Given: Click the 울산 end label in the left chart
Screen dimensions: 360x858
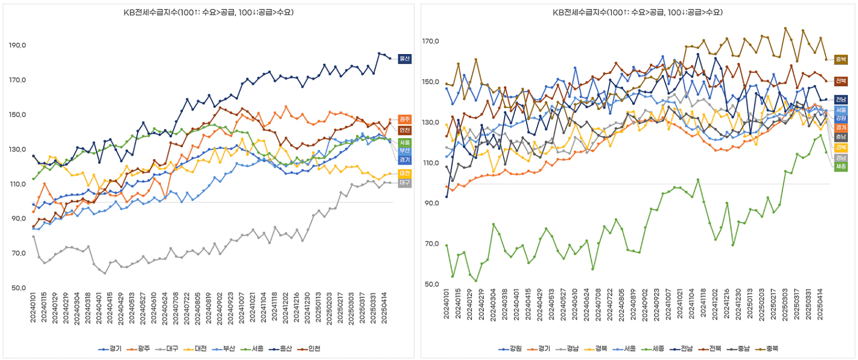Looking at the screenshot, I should [x=404, y=58].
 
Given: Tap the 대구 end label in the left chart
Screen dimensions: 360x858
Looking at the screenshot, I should [x=404, y=183].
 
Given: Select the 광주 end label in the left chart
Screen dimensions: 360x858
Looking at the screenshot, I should [x=404, y=120].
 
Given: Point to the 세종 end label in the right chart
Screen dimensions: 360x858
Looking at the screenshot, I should [x=841, y=166].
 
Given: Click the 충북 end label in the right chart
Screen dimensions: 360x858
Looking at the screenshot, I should [x=841, y=59].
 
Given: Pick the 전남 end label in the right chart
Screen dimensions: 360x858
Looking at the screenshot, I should [x=841, y=100].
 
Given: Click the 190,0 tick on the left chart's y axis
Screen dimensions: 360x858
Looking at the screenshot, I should [x=20, y=45].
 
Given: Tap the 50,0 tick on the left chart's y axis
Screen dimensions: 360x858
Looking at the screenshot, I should [x=20, y=288].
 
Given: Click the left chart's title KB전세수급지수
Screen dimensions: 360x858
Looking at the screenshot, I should [x=209, y=12].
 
